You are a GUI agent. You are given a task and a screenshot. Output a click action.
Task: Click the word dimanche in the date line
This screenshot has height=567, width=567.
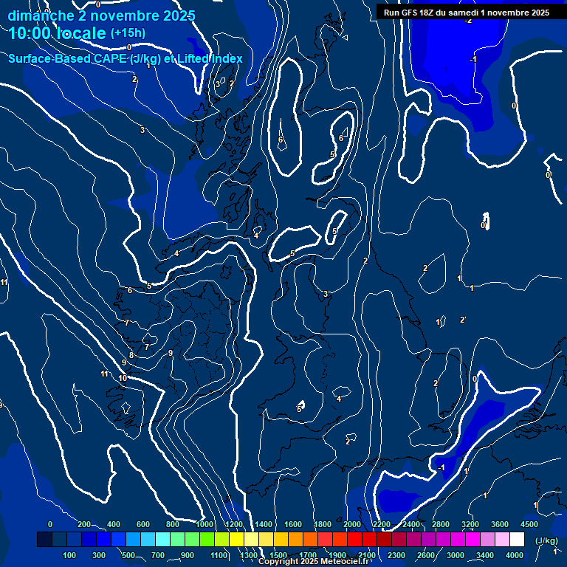tap(40, 16)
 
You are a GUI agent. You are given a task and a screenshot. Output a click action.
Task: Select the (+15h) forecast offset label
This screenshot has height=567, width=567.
tap(128, 33)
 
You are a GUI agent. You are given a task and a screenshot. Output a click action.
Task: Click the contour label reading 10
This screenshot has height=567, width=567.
tap(123, 378)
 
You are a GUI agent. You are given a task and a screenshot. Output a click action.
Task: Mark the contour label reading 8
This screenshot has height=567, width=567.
tap(131, 356)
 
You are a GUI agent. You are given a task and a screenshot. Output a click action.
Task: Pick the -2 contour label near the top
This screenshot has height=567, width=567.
tap(467, 20)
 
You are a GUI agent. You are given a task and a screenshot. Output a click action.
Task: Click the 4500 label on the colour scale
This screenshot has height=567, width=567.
tap(529, 524)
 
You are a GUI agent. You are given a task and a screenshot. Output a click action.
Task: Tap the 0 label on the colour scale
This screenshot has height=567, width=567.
tap(50, 524)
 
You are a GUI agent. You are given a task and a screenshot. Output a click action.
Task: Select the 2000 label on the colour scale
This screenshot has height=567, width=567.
tap(353, 524)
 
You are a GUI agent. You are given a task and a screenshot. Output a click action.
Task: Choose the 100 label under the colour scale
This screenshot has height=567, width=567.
tap(70, 555)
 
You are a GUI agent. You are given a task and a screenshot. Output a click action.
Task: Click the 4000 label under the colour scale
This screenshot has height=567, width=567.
tap(515, 555)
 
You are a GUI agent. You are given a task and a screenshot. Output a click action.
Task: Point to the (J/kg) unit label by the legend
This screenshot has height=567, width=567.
tap(546, 541)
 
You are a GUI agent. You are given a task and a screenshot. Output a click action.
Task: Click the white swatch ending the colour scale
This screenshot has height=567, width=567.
tap(517, 540)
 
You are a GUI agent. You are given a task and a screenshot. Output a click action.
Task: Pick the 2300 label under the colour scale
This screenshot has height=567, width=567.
tap(396, 555)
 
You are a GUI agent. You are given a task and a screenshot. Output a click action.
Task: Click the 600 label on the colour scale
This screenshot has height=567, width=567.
tap(143, 524)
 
